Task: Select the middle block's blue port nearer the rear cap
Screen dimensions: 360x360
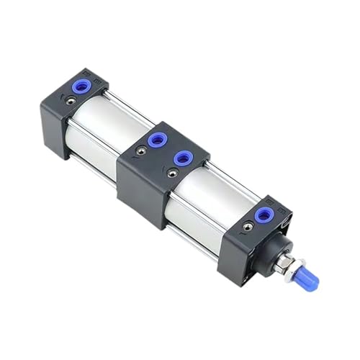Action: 156,139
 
